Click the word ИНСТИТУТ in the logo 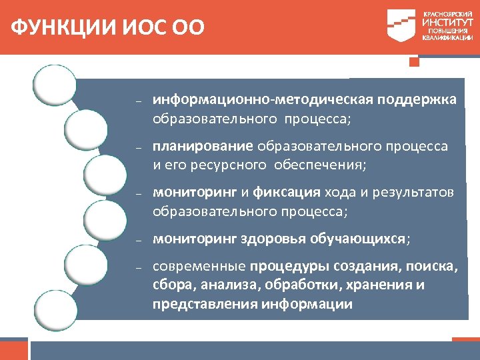pos(447,22)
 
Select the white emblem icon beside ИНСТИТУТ pos(403,25)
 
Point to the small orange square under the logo pos(414,62)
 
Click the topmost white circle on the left pos(55,85)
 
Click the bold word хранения pos(375,285)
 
